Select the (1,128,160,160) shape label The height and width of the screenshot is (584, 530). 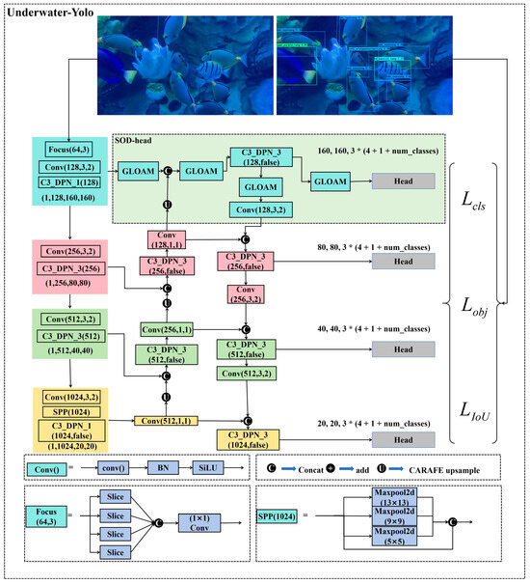click(66, 198)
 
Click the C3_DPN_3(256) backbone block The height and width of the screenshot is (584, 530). click(66, 267)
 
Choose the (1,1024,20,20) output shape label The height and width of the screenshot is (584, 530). click(66, 446)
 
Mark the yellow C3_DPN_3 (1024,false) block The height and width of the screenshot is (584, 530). click(247, 439)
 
